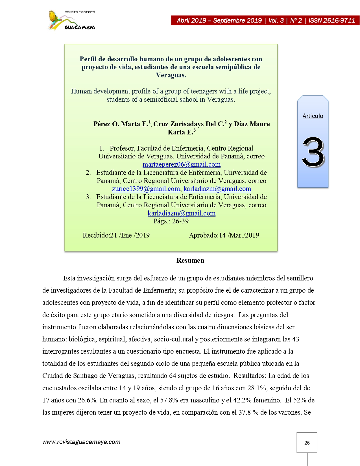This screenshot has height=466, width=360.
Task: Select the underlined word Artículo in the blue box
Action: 313,116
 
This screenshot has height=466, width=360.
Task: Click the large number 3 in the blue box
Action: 313,152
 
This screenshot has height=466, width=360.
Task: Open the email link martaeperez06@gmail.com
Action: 181,164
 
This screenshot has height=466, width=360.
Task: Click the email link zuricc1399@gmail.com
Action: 146,189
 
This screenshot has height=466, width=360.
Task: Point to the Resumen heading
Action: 190,260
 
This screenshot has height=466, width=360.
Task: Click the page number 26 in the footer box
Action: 307,443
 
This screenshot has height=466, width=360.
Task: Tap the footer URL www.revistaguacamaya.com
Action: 81,442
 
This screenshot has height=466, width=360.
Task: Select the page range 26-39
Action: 180,221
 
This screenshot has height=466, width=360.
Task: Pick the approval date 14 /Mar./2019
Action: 239,235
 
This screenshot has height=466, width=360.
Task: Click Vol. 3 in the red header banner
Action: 276,20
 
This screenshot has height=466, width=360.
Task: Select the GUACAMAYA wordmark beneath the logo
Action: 80,27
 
